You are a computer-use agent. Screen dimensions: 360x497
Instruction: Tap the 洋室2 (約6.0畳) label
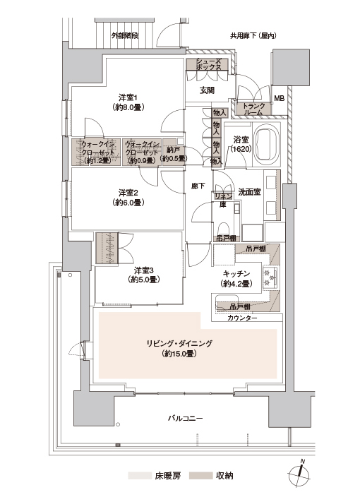coord(128,197)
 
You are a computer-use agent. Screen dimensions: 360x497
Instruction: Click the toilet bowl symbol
coord(224,228)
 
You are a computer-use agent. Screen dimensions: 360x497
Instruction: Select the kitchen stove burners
coord(270,277)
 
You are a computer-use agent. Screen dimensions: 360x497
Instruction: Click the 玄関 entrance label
coord(207,90)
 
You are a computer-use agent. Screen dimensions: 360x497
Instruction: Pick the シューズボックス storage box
coord(207,64)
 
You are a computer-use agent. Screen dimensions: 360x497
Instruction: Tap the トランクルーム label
coord(253,109)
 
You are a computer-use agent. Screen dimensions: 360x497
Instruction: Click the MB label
coord(280,98)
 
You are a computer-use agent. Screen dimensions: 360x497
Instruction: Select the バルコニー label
coord(185,419)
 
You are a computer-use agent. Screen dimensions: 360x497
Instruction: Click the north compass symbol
coord(299,474)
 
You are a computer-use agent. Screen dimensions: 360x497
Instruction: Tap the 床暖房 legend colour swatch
coord(140,476)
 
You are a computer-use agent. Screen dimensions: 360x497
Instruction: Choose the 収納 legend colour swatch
coord(200,476)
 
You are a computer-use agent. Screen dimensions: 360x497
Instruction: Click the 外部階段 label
coord(125,35)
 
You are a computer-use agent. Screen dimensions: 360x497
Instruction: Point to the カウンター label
coord(242,318)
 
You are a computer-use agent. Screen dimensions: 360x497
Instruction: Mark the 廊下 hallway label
coord(198,186)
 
